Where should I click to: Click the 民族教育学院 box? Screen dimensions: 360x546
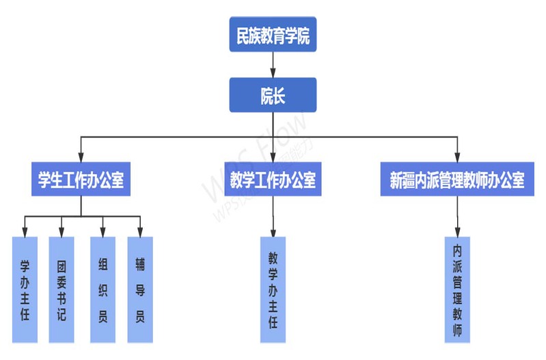(x=273, y=36)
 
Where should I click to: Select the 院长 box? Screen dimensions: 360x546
(x=273, y=96)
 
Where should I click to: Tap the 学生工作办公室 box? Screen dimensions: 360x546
(x=81, y=180)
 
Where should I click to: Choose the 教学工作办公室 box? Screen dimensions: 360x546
(x=273, y=180)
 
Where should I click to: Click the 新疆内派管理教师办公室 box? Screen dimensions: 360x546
(x=457, y=180)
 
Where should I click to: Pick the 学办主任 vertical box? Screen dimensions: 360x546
(x=25, y=289)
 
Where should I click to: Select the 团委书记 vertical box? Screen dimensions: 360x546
(x=62, y=289)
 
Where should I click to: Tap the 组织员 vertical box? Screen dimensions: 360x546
(x=103, y=289)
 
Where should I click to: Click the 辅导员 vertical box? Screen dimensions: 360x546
(x=140, y=289)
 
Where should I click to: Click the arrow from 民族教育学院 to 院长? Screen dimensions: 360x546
(x=273, y=65)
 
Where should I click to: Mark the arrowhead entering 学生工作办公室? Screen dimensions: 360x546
(x=81, y=156)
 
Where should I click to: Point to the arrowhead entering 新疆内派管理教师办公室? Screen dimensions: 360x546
(x=457, y=156)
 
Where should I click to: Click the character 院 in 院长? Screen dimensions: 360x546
(x=266, y=96)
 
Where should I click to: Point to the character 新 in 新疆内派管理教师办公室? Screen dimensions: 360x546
(x=397, y=180)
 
